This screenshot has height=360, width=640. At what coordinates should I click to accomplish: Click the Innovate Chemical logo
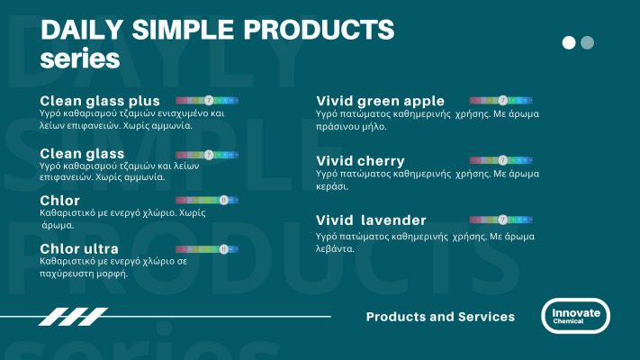click(x=575, y=316)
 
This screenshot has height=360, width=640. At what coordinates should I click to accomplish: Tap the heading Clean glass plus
click(x=100, y=100)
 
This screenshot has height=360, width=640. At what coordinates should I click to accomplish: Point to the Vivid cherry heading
click(x=360, y=161)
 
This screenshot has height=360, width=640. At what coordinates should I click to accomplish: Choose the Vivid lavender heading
click(x=371, y=220)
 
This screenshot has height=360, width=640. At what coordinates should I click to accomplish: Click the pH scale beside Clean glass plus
click(x=206, y=99)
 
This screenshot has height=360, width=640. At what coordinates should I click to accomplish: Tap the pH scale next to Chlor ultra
click(x=206, y=247)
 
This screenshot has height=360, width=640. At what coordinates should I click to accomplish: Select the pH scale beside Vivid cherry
click(x=501, y=160)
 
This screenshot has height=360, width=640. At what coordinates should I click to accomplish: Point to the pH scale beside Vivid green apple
click(x=501, y=100)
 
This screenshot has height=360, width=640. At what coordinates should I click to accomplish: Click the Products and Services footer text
click(x=440, y=317)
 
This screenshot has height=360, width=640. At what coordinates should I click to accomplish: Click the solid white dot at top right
click(x=569, y=42)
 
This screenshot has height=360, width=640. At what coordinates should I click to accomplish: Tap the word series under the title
click(x=80, y=59)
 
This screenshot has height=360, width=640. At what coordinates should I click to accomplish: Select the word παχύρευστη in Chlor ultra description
click(x=71, y=274)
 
